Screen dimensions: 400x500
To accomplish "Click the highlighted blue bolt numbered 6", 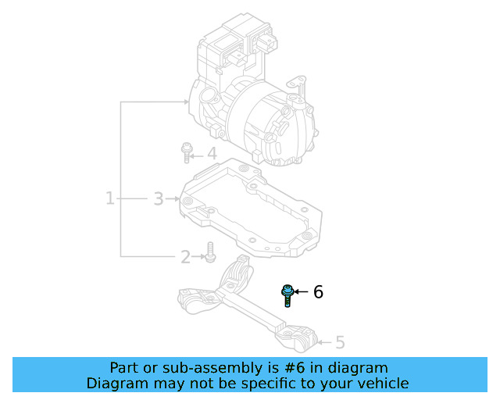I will click(287, 295).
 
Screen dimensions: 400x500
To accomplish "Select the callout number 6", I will click(318, 292).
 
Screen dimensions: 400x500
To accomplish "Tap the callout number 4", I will click(211, 154).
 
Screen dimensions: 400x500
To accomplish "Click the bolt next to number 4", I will click(187, 152).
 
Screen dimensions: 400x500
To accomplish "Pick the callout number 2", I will click(185, 256).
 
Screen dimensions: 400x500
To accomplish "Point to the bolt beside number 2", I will click(209, 252).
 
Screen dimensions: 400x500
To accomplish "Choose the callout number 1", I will click(110, 199).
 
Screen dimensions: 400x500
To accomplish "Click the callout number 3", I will click(158, 199).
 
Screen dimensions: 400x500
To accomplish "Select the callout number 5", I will click(339, 341).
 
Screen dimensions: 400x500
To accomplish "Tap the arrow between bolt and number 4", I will click(198, 154).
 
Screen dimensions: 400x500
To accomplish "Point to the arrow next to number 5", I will click(325, 341).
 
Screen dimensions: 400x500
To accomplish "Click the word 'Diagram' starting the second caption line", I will click(115, 383).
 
